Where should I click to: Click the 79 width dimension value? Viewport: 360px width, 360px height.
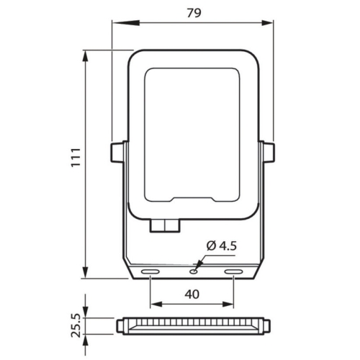tap(194, 13)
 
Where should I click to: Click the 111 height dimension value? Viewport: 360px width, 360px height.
tap(76, 158)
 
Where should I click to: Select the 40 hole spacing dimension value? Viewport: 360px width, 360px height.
tap(192, 294)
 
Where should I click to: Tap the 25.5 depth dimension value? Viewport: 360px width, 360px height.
tap(76, 325)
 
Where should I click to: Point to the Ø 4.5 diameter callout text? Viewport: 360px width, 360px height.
tap(222, 246)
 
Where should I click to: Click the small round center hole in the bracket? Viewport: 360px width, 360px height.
tap(194, 271)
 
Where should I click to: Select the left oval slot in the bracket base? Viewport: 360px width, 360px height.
tap(150, 272)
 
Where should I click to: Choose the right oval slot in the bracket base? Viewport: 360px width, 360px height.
tap(233, 272)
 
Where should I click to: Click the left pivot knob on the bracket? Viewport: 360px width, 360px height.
tap(117, 153)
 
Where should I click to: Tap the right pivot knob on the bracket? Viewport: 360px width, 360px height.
tap(269, 153)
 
